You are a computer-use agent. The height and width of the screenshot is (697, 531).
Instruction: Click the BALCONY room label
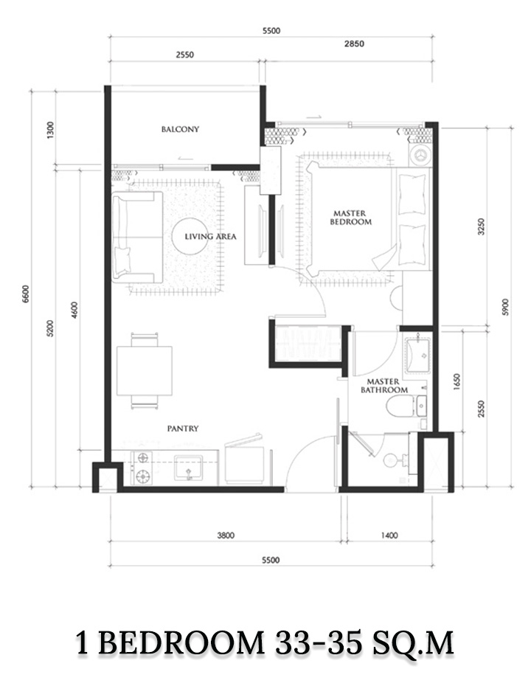(180, 129)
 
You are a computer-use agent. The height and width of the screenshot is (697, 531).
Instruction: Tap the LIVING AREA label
(211, 237)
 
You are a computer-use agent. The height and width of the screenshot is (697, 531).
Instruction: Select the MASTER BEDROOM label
(350, 218)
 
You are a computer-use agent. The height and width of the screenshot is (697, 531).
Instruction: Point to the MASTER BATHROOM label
(384, 386)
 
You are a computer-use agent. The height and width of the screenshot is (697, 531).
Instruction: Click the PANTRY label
(183, 429)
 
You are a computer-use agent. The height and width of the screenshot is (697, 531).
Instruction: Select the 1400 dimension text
(389, 535)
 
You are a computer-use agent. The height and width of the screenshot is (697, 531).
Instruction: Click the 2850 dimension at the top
(354, 44)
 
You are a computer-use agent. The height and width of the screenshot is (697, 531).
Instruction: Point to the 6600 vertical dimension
(25, 294)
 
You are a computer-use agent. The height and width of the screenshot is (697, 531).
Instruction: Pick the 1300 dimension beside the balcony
(49, 130)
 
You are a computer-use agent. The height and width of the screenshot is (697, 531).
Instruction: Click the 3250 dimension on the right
(481, 226)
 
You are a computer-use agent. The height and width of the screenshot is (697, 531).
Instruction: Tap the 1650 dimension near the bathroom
(458, 381)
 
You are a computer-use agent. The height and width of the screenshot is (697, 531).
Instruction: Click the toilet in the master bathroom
(399, 406)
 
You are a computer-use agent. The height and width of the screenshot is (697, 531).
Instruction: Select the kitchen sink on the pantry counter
(188, 467)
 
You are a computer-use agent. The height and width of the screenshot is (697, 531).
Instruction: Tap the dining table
(145, 371)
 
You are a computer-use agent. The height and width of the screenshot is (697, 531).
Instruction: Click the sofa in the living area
(137, 237)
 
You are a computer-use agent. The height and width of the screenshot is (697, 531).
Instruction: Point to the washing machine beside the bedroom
(420, 155)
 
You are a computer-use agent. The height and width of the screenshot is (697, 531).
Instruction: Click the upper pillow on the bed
(412, 195)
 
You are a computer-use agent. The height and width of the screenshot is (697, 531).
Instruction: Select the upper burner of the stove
(143, 457)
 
